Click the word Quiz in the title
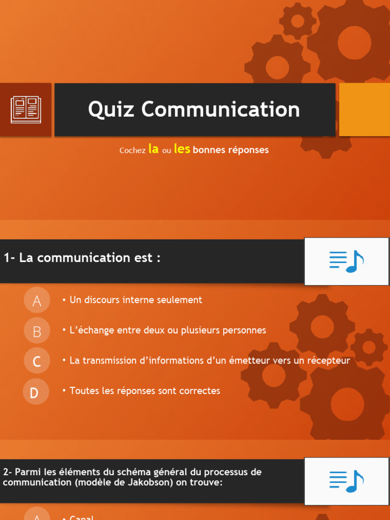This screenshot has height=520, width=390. coord(111,109)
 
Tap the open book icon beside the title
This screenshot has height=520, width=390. coord(25,109)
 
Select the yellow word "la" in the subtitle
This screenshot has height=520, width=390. coord(153,149)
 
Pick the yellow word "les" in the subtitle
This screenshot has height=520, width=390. coord(182,149)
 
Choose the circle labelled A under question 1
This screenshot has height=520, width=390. coord(37,301)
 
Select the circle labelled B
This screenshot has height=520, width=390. coord(37,331)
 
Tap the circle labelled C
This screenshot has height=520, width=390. coord(37,362)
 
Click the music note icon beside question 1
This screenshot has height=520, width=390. coord(346,261)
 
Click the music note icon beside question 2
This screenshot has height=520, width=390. coord(346,481)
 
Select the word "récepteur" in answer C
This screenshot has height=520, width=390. coord(328,361)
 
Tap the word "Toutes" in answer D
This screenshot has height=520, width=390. coord(83,391)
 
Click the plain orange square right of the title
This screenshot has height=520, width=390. coord(365,109)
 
